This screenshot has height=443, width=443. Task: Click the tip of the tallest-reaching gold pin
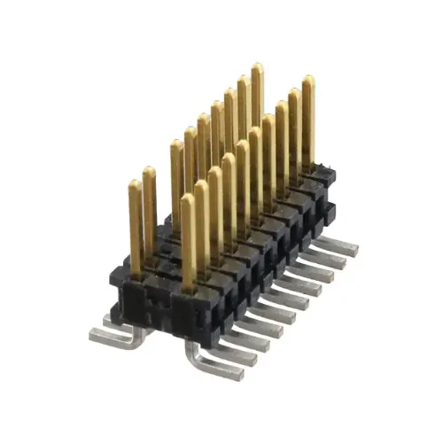[257, 66]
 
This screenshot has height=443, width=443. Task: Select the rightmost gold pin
[308, 124]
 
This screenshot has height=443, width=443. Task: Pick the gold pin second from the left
[150, 213]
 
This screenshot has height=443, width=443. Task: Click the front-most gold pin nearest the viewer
[187, 239]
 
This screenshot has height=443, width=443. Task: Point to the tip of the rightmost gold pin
[308, 80]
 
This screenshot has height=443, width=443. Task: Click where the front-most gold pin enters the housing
[188, 285]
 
